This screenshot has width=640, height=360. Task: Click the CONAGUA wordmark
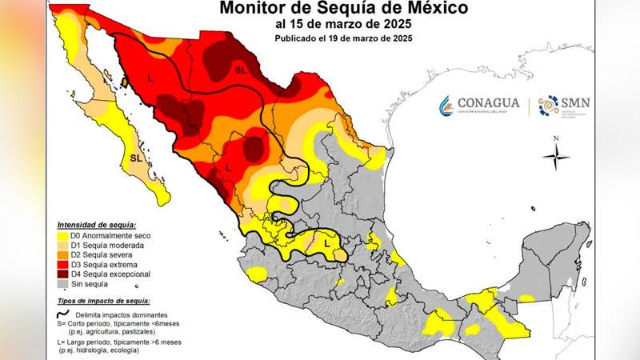[x=488, y=103]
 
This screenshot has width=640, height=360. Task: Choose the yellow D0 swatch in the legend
[x=62, y=236]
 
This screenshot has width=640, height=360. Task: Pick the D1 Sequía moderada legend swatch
[x=62, y=246]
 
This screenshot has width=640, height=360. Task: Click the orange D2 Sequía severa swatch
[x=62, y=255]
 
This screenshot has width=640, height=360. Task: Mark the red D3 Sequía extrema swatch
[x=62, y=265]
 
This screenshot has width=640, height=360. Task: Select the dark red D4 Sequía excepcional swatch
[x=62, y=274]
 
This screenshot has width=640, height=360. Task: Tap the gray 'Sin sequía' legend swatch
[x=62, y=284]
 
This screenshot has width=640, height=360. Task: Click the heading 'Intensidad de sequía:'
[x=96, y=225]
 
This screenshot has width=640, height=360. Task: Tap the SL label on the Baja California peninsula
[x=137, y=158]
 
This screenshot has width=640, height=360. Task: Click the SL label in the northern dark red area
[x=241, y=71]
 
